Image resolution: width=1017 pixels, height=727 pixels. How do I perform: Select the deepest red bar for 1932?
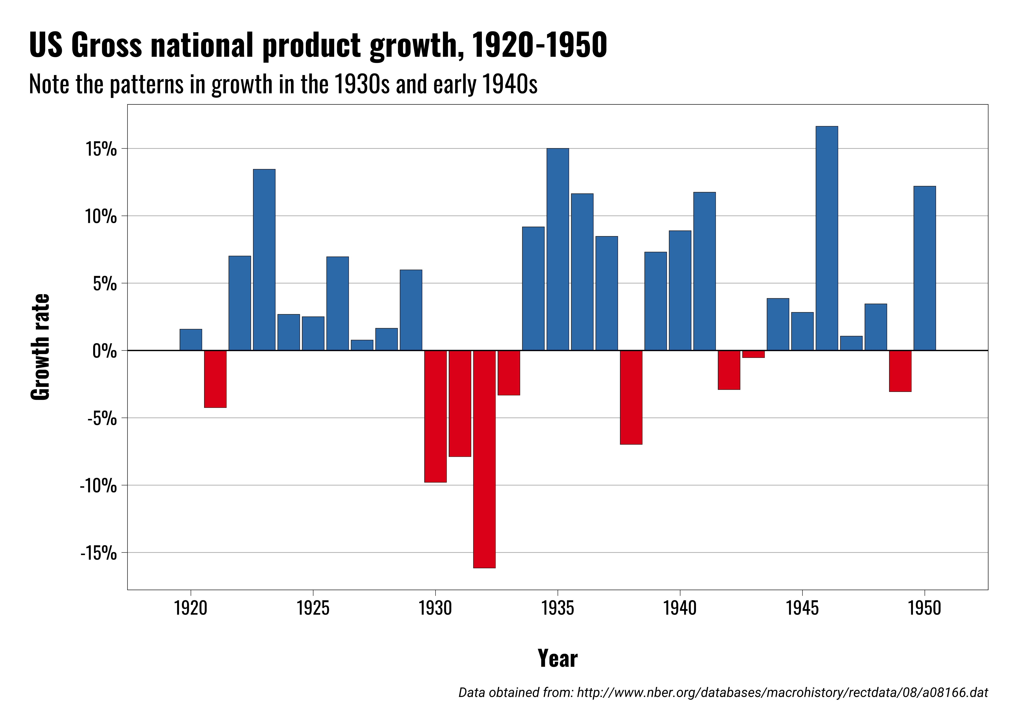[484, 459]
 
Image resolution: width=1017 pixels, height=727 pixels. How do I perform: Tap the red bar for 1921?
[215, 379]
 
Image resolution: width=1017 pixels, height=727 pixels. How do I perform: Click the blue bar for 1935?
[558, 249]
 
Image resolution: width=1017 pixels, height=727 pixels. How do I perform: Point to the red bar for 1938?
[631, 397]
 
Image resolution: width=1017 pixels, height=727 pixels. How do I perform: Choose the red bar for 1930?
[435, 416]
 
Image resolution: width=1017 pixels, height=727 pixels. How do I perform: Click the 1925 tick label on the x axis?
[313, 608]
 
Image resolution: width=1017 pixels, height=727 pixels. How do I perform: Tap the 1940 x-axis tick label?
[680, 608]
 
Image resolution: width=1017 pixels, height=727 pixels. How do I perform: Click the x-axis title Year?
[558, 658]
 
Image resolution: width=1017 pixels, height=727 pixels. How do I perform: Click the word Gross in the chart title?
[106, 45]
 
